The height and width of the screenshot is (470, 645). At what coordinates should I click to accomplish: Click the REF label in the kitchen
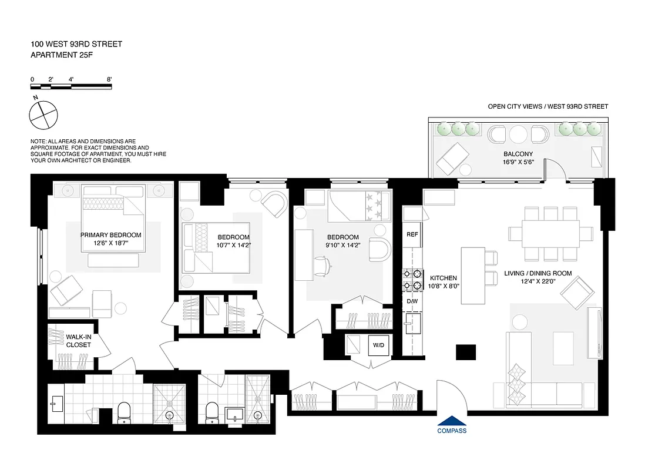point(412,234)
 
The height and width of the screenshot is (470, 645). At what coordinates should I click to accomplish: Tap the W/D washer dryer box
point(377,345)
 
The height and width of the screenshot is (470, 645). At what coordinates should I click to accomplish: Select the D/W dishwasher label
point(412,302)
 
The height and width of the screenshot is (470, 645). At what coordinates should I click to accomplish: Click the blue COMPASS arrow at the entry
point(452,421)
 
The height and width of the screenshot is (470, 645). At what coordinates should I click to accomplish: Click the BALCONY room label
point(518,154)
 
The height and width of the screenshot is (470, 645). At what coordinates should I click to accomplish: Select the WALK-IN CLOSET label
point(78,341)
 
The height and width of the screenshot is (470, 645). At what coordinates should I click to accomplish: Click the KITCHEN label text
point(443,278)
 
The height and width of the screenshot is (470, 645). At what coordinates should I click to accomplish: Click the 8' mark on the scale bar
point(109,79)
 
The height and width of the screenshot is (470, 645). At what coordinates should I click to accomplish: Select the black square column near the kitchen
point(466,352)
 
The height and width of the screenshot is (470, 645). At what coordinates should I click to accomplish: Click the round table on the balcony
point(519,135)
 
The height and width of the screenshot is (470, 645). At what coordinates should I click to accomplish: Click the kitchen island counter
point(472,276)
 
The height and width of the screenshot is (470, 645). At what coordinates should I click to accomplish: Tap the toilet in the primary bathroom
point(125,412)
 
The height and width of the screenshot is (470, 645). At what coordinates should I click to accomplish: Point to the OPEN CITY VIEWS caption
point(547,106)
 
